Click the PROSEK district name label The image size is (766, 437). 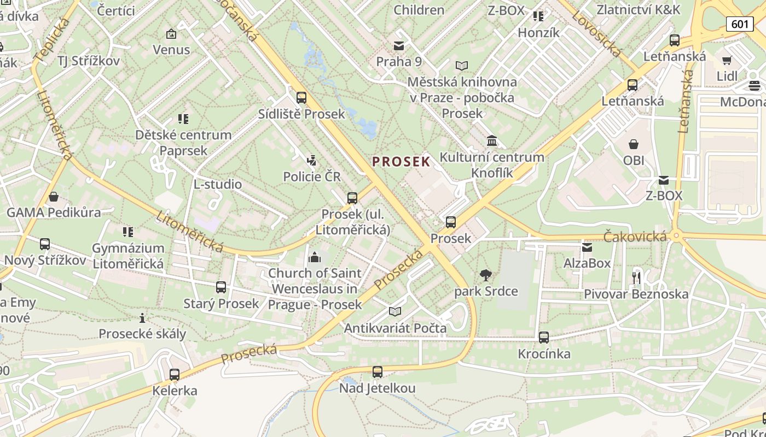(x=401, y=162)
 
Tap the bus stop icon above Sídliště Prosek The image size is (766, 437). (x=301, y=98)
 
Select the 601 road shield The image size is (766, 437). (x=740, y=24)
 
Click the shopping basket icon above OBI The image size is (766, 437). (x=634, y=144)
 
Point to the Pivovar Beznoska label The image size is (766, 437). (x=636, y=294)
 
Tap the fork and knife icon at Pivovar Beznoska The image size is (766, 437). (x=636, y=277)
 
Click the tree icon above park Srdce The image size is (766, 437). (x=485, y=275)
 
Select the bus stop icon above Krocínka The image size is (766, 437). (x=544, y=338)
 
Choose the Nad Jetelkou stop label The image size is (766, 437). (x=378, y=388)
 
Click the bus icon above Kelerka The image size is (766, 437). (x=175, y=375)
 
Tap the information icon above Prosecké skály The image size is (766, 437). (x=142, y=318)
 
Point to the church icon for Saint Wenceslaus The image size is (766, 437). (x=315, y=257)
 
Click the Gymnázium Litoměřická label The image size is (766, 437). (x=128, y=256)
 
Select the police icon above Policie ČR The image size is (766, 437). (x=311, y=161)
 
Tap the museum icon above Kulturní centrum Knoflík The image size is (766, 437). (x=492, y=141)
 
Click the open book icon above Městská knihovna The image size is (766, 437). (x=462, y=66)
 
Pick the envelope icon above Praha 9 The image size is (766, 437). (x=399, y=46)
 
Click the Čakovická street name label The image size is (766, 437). (x=635, y=237)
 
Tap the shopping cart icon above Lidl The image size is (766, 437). (x=727, y=60)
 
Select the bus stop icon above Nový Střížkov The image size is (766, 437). (x=45, y=244)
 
